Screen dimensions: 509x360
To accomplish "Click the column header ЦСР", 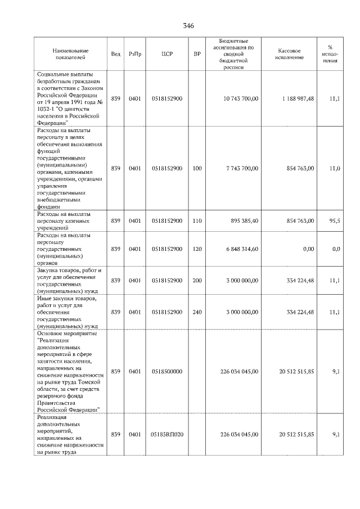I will [166, 54].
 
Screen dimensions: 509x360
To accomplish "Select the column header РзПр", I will [135, 54].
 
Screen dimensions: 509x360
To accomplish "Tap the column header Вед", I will [115, 54].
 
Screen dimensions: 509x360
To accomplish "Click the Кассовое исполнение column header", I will [289, 54].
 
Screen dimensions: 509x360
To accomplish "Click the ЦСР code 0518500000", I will [166, 371].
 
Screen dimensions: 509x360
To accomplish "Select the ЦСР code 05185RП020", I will [167, 434].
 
